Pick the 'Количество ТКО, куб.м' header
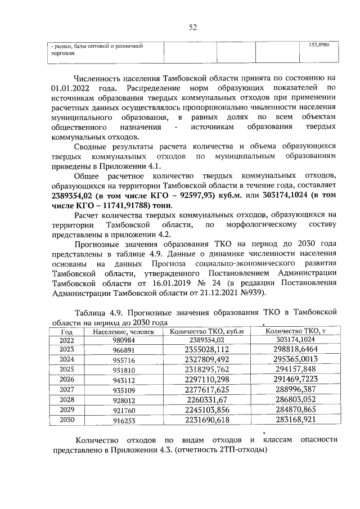click(206, 331)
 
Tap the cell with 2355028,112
click(206, 349)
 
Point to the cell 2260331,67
click(206, 399)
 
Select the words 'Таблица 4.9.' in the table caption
click(101, 313)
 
